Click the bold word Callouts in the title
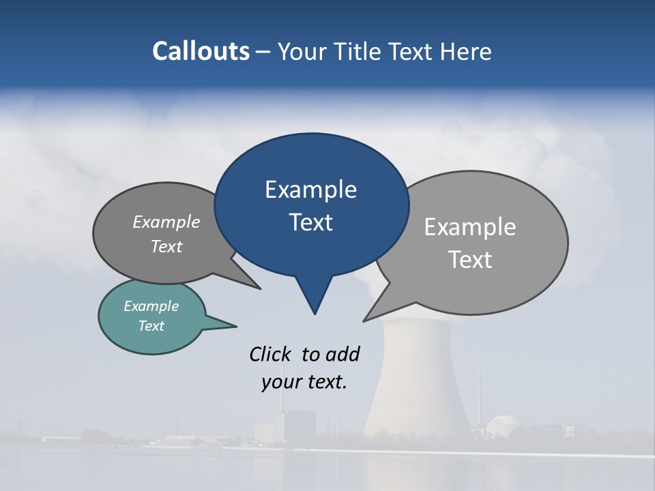[x=201, y=51]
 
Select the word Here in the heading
[x=466, y=51]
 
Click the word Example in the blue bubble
[x=310, y=190]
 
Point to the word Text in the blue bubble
[x=310, y=222]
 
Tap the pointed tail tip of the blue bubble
[x=315, y=313]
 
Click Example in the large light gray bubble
[x=469, y=227]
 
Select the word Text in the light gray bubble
[x=469, y=260]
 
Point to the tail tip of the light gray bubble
[x=365, y=320]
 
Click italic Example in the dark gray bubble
[x=166, y=222]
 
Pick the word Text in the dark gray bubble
[x=166, y=247]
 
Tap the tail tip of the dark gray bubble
[x=259, y=288]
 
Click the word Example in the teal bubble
[x=151, y=306]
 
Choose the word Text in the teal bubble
[x=151, y=326]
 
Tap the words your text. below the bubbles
[x=304, y=382]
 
